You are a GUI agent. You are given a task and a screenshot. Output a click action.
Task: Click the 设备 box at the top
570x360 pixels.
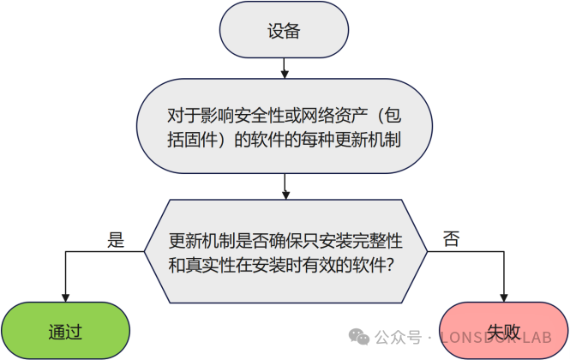[284, 31]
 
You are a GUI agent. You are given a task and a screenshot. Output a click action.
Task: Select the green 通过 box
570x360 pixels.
[64, 329]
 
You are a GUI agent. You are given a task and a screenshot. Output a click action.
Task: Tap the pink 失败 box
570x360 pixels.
[503, 329]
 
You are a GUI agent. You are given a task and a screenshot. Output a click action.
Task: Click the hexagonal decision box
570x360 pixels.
[284, 251]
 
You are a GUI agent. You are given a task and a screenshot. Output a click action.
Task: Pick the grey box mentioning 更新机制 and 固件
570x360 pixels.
[284, 126]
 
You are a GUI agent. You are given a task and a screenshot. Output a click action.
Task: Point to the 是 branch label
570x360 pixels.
[116, 240]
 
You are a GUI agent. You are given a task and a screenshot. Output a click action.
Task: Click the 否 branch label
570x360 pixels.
[451, 240]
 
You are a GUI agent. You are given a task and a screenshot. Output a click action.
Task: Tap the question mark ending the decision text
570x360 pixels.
[390, 265]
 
